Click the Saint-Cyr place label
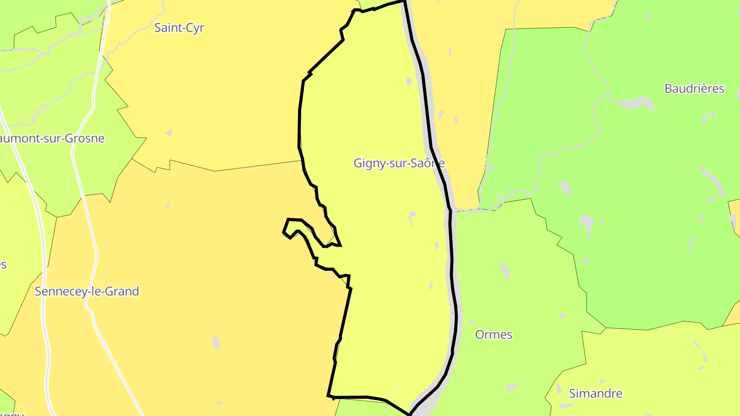click(x=179, y=28)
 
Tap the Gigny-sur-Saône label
click(x=399, y=163)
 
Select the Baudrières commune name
click(x=694, y=88)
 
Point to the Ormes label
click(x=493, y=334)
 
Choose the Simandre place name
click(x=595, y=393)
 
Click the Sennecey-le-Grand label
click(x=87, y=291)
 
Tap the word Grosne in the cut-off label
click(x=86, y=138)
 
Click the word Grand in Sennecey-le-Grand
click(x=122, y=291)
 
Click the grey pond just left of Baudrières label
click(x=637, y=103)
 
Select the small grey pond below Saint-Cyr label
click(x=169, y=133)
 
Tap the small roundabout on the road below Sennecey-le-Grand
click(x=104, y=343)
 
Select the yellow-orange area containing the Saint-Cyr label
click(x=216, y=92)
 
